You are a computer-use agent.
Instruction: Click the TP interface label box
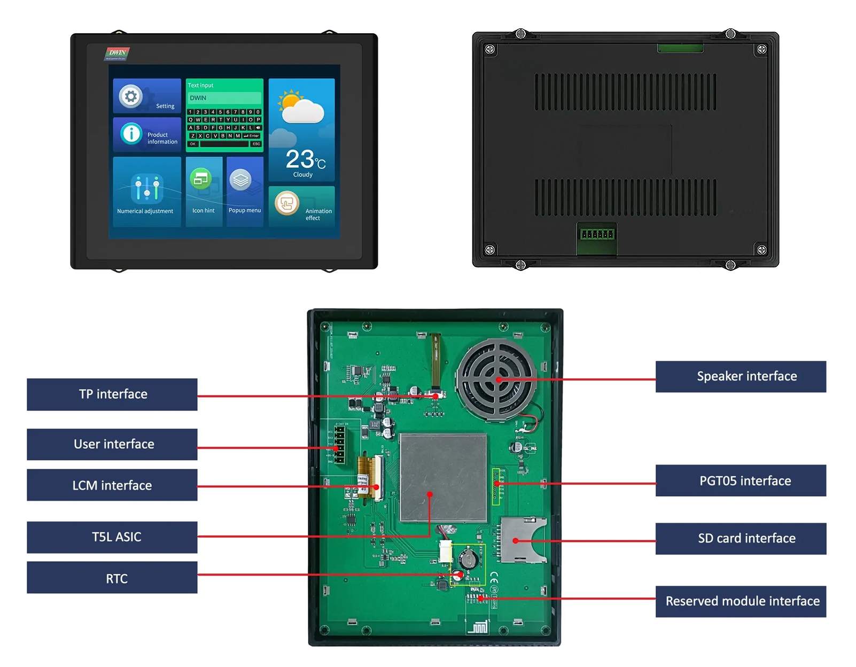coord(112,394)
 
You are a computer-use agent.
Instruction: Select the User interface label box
coord(112,444)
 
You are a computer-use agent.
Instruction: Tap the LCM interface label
coord(112,485)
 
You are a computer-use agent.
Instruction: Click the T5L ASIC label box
coord(112,537)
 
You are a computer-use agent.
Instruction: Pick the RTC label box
coord(112,578)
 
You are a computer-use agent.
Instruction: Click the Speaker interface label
coord(741,377)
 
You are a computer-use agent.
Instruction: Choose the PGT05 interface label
coord(741,480)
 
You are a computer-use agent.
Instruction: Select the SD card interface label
coord(741,539)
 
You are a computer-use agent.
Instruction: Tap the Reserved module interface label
coord(741,601)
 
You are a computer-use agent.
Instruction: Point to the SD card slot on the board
coord(523,540)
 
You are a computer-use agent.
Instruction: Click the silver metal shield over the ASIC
coord(443,478)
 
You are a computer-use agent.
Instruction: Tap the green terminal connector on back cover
coord(597,235)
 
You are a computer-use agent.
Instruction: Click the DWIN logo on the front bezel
coord(117,53)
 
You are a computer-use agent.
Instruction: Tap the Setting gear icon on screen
coord(131,97)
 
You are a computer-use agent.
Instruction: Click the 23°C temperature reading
coord(305,159)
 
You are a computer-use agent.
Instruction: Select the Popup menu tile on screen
coord(245,191)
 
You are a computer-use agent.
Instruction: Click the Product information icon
coord(131,134)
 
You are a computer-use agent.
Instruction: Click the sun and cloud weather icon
coord(301,106)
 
